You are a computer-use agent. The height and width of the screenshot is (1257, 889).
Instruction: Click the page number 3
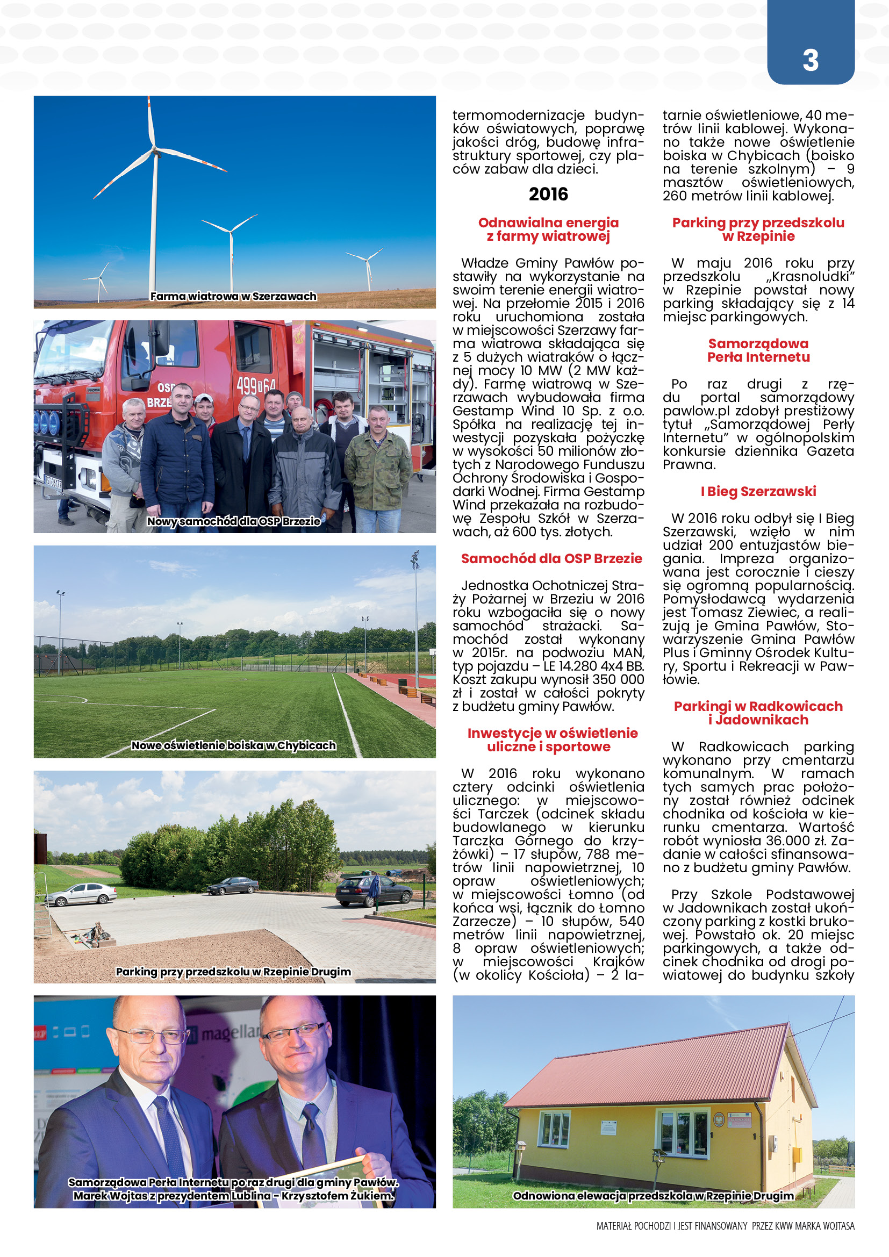pyautogui.click(x=810, y=60)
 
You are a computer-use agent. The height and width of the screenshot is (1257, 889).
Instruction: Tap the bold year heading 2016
pyautogui.click(x=549, y=195)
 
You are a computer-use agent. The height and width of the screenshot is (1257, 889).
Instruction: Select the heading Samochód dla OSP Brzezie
pyautogui.click(x=551, y=558)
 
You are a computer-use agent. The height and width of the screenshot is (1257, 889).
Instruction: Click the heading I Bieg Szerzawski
pyautogui.click(x=758, y=491)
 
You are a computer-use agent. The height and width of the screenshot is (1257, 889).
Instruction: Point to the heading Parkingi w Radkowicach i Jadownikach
pyautogui.click(x=758, y=713)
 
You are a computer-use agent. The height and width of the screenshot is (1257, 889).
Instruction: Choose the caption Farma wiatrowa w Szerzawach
pyautogui.click(x=234, y=296)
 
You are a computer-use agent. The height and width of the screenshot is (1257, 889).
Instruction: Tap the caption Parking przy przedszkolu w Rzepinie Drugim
pyautogui.click(x=234, y=971)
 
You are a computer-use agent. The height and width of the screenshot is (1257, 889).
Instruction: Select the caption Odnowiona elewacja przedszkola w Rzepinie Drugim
pyautogui.click(x=653, y=1196)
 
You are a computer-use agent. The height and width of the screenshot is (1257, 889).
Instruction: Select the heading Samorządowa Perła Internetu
pyautogui.click(x=758, y=350)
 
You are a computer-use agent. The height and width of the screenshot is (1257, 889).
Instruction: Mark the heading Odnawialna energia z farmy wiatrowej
pyautogui.click(x=549, y=229)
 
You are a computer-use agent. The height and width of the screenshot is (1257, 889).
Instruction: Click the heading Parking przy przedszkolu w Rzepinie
pyautogui.click(x=758, y=229)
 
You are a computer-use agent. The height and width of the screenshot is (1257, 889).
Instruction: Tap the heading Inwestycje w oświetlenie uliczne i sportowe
pyautogui.click(x=553, y=739)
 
